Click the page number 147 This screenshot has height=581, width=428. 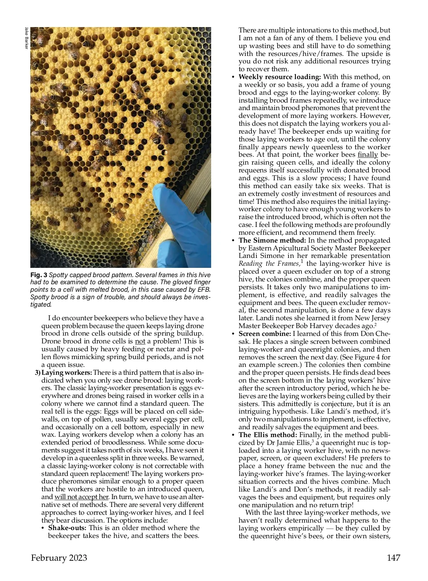point(393,557)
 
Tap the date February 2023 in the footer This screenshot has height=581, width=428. point(59,557)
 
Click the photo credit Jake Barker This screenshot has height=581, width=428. point(26,38)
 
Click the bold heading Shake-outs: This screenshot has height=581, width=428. point(68,528)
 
